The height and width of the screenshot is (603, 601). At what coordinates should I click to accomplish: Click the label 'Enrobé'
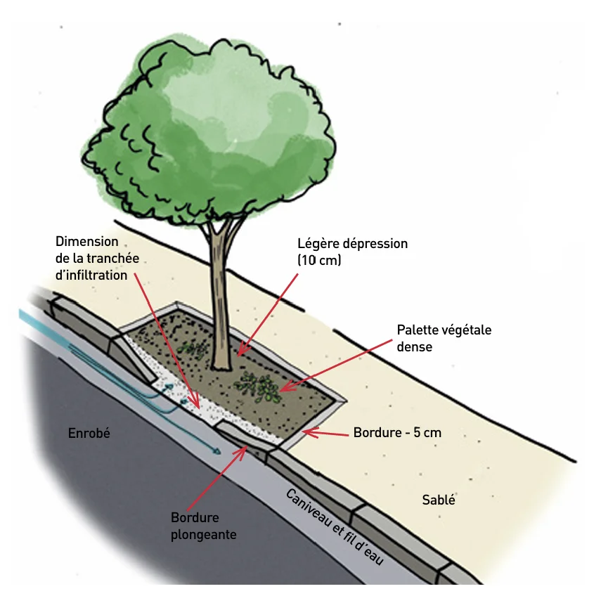[89, 433]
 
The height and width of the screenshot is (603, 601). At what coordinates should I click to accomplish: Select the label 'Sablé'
[439, 500]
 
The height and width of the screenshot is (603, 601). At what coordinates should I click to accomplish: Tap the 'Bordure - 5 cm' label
[397, 433]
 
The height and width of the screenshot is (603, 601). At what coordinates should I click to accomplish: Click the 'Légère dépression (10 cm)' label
[352, 252]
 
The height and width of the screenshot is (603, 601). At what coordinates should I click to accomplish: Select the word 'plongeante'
[203, 535]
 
